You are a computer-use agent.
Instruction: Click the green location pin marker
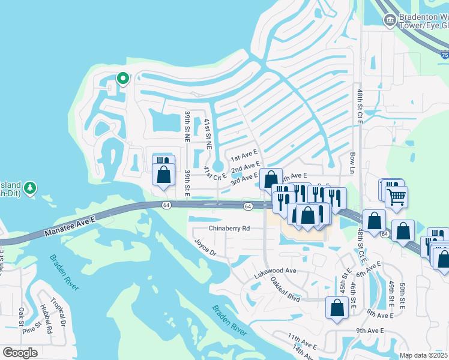click(x=122, y=79)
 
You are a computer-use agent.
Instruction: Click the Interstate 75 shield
click(x=444, y=55)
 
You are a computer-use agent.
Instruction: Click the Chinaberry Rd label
click(x=229, y=228)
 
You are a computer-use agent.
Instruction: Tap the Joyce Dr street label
click(x=205, y=247)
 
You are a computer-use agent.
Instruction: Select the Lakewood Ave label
click(x=276, y=271)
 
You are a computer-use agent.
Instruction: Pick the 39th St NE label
click(x=187, y=125)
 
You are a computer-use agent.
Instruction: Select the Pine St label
click(x=30, y=328)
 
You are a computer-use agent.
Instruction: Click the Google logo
click(x=20, y=353)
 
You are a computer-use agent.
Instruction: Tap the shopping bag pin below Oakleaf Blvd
click(x=337, y=308)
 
